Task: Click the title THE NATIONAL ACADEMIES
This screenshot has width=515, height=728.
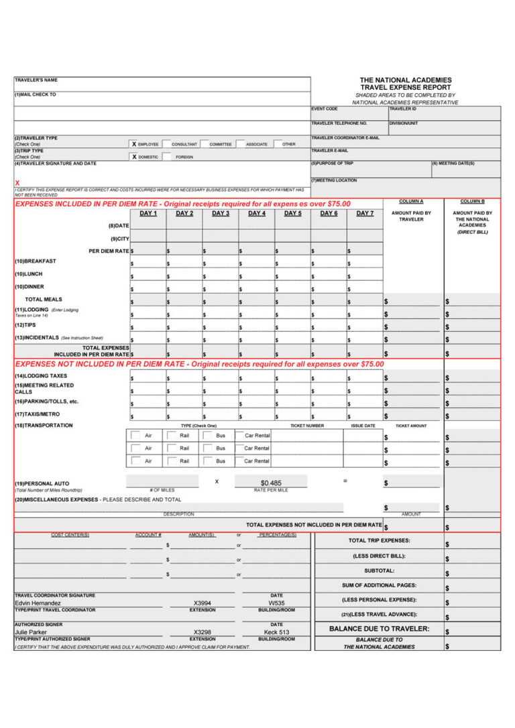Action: click(x=406, y=80)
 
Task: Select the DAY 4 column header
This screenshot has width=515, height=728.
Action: click(x=256, y=213)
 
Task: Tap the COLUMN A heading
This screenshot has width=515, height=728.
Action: click(x=411, y=201)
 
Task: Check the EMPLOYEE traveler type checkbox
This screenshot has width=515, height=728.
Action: click(x=134, y=144)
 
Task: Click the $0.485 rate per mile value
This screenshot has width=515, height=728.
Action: click(x=271, y=483)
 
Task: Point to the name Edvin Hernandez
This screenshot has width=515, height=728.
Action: click(x=38, y=603)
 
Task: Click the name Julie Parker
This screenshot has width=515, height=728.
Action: click(x=31, y=632)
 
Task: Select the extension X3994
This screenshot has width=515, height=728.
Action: click(x=202, y=603)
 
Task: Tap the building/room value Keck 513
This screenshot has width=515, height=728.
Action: click(x=276, y=632)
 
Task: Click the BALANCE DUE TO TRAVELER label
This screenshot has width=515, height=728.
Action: click(x=379, y=629)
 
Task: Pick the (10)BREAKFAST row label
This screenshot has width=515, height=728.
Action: click(x=36, y=261)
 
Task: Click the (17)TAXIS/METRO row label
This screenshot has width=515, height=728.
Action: click(x=37, y=414)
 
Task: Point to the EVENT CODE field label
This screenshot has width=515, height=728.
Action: click(x=325, y=109)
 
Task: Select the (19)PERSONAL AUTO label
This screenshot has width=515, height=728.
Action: click(x=42, y=483)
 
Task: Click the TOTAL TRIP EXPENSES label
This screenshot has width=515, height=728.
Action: click(x=379, y=540)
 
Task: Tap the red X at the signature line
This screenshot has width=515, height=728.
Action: click(x=17, y=183)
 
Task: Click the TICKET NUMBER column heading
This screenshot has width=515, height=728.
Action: click(x=307, y=426)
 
